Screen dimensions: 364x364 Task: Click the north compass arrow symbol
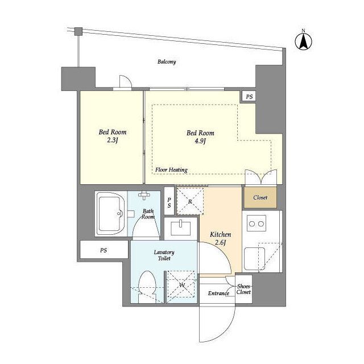[303, 42]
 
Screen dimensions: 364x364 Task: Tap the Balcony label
[167, 62]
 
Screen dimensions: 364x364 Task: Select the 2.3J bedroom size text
[113, 140]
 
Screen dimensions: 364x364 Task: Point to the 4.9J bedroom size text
[200, 141]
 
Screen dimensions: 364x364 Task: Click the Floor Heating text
[171, 170]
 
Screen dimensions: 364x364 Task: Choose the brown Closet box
[260, 197]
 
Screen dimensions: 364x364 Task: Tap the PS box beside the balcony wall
[249, 96]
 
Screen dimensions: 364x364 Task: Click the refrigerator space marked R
[190, 201]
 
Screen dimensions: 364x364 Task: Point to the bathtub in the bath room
[110, 214]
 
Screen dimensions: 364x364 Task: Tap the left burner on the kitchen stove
[252, 224]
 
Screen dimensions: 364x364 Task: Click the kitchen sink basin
[254, 259]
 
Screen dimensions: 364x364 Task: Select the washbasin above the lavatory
[181, 229]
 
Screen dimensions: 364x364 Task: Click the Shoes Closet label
[243, 289]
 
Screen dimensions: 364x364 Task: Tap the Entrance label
[218, 293]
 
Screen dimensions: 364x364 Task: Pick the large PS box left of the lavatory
[104, 250]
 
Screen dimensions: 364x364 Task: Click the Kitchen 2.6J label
[220, 238]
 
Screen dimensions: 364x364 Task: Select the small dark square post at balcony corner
[78, 32]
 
